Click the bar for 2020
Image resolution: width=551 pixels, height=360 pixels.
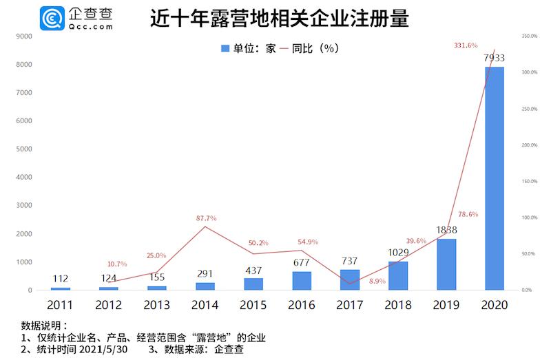495,178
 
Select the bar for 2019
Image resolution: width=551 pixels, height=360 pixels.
446,264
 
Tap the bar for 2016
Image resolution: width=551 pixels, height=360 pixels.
302,281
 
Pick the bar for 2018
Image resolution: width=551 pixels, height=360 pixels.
398,275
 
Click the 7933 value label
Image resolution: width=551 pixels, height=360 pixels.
495,58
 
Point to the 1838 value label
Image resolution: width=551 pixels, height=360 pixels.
446,230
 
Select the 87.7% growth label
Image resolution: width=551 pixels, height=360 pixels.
207,218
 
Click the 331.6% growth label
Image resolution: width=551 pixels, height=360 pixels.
466,45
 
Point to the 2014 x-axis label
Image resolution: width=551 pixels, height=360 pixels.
206,305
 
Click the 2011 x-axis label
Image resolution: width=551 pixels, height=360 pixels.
61,305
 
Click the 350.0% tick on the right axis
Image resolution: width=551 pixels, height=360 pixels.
529,36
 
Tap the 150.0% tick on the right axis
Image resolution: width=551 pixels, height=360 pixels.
529,181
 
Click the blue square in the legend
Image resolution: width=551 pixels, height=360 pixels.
224,48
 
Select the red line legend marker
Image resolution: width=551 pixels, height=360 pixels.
283,48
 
